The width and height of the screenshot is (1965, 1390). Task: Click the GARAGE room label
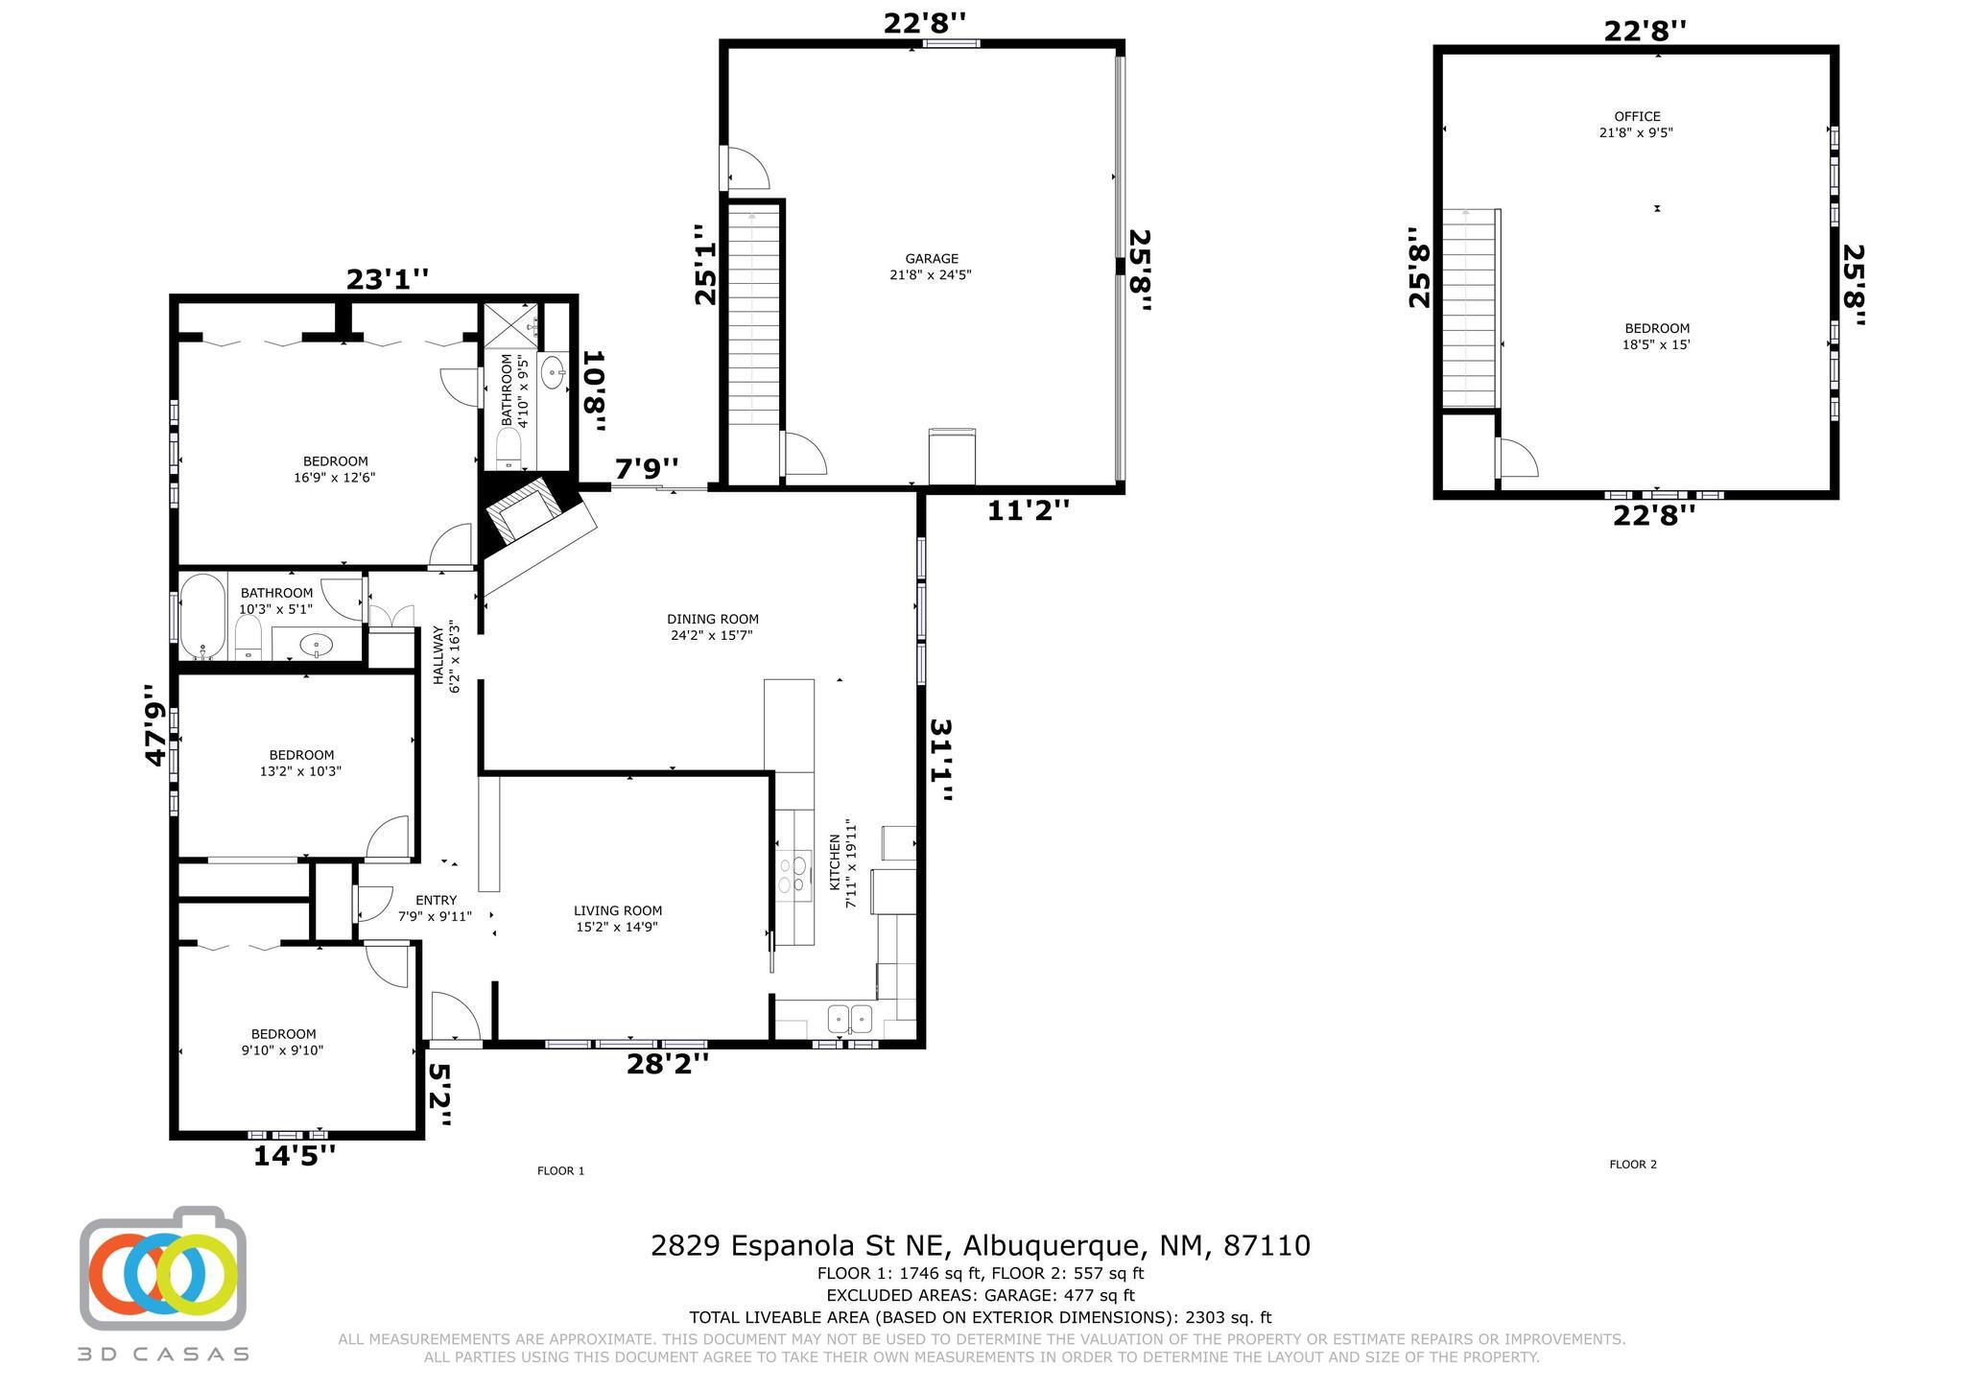click(932, 258)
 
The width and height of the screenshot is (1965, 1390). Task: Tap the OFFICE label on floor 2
click(1637, 117)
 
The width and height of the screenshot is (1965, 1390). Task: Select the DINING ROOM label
click(713, 619)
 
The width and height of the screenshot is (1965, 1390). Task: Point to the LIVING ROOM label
click(618, 910)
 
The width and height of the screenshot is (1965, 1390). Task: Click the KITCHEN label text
click(835, 861)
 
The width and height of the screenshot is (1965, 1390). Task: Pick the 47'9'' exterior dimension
click(155, 724)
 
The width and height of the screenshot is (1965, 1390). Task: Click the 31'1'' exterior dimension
click(942, 760)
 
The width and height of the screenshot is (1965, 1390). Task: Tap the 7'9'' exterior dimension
click(647, 469)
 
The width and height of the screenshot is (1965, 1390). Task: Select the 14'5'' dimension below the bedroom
click(295, 1155)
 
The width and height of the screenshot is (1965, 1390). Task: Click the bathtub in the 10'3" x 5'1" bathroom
click(202, 617)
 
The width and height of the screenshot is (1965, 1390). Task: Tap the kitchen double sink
click(850, 1017)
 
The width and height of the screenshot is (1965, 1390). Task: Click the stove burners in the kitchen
click(793, 875)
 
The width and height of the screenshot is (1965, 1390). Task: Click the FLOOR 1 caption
click(560, 1170)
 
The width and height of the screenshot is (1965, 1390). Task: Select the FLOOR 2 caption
click(1633, 1165)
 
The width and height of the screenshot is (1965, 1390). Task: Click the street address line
click(981, 1245)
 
